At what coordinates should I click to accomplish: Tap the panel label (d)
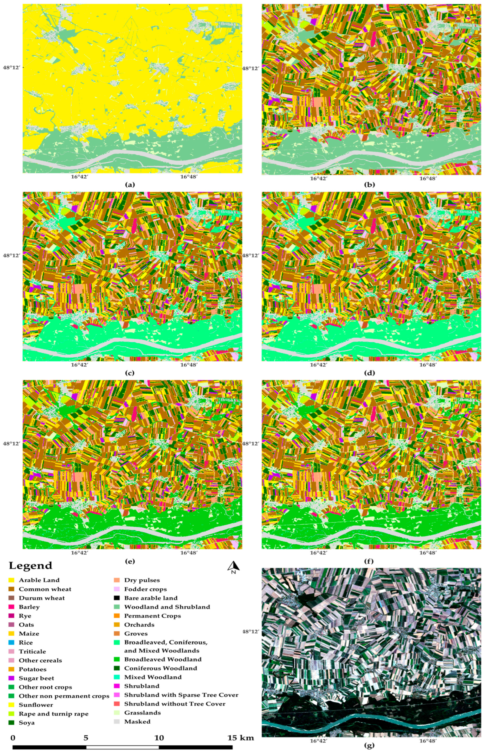point(369,373)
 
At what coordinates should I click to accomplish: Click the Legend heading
point(30,565)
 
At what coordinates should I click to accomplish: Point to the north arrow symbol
point(234,566)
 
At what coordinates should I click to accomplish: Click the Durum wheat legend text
point(41,598)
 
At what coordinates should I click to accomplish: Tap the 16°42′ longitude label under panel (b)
point(318,178)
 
